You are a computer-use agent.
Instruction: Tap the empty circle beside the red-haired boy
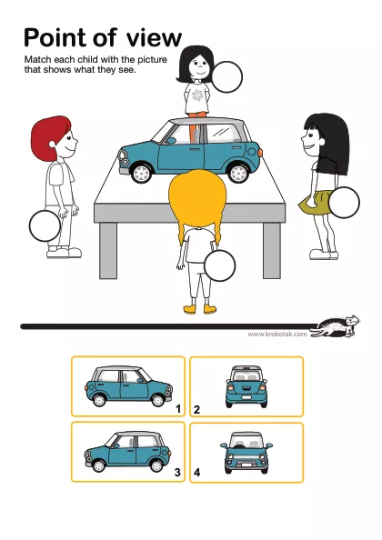45,226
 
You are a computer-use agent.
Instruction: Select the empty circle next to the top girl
226,77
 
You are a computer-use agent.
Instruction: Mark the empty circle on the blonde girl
220,265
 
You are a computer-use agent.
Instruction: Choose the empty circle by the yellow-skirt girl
344,203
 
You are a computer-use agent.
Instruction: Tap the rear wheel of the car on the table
238,174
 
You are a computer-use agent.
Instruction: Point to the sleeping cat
336,326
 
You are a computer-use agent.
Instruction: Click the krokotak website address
276,334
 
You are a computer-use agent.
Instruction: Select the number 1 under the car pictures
178,409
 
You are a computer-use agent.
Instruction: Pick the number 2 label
196,410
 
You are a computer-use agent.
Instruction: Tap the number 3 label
177,472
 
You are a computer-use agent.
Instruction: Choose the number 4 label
196,472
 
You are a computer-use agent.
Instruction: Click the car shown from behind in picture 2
246,386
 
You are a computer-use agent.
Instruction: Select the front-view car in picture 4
246,453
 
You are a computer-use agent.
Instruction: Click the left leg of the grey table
108,251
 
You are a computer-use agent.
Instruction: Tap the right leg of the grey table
272,251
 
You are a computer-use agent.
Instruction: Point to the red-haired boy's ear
53,144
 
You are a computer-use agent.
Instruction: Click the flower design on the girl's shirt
197,95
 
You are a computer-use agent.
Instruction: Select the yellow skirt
315,203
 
